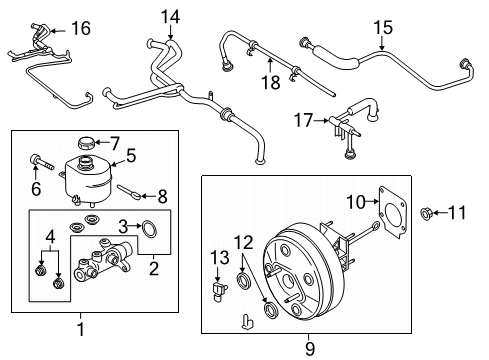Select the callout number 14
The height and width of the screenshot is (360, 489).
171,17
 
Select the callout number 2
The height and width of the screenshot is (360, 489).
152,267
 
